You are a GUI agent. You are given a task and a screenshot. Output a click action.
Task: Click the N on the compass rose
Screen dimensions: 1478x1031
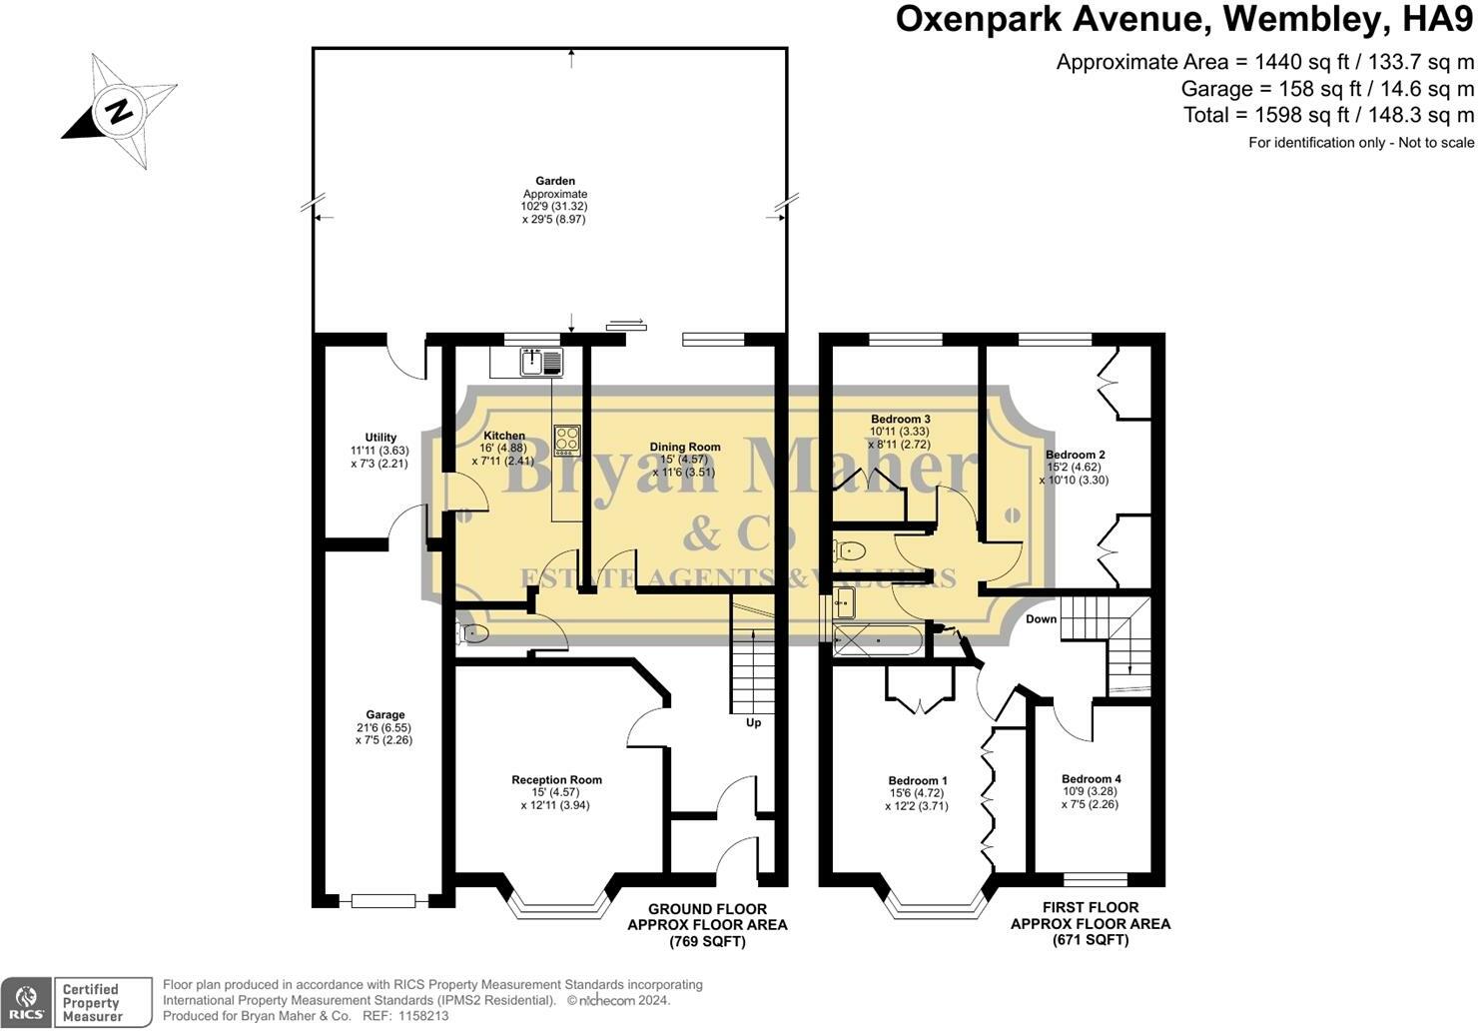[120, 111]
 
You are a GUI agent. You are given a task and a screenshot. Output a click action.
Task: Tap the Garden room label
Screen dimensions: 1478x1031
[555, 181]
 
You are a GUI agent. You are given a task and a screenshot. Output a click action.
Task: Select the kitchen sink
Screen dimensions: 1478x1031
[541, 363]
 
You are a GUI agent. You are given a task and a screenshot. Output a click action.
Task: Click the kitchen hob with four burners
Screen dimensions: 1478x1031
[567, 440]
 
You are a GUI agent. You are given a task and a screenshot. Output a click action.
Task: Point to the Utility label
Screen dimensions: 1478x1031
[380, 437]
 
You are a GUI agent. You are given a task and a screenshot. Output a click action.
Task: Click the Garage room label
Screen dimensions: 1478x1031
[385, 714]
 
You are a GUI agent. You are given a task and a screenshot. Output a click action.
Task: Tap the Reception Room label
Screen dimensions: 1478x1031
[557, 779]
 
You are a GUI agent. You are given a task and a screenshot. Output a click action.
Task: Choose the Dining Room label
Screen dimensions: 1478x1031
[685, 447]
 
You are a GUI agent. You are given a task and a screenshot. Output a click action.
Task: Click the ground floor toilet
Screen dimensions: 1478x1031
[472, 634]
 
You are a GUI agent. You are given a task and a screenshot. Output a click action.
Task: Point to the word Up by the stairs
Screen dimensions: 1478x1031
[754, 722]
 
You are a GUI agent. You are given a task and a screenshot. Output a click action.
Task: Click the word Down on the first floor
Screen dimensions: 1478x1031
[1042, 619]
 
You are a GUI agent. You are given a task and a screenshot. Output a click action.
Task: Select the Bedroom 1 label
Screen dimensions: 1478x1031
[918, 781]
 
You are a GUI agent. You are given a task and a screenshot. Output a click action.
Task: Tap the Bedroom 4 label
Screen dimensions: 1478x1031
[1092, 779]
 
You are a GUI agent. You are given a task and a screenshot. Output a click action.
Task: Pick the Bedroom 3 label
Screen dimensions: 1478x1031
[901, 420]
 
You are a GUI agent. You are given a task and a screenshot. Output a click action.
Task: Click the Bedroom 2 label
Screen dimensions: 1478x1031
[1076, 455]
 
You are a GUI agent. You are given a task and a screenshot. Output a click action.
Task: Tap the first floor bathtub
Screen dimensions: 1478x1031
[878, 639]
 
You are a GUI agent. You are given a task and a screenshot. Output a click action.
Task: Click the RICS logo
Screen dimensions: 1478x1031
[26, 1002]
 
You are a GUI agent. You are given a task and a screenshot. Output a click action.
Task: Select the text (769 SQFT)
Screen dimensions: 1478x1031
[707, 942]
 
